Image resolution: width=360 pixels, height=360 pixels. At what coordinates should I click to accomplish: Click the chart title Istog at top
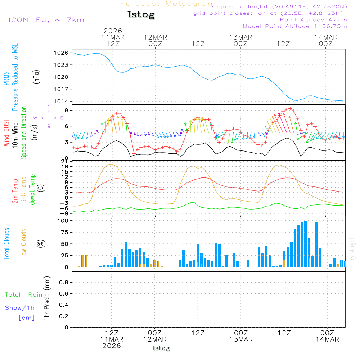[x=141, y=15]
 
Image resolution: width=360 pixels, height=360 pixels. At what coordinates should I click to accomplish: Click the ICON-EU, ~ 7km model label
[x=46, y=20]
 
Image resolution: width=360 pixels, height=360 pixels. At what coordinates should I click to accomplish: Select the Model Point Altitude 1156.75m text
[x=295, y=26]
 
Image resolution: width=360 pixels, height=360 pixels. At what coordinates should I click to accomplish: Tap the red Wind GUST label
[x=7, y=133]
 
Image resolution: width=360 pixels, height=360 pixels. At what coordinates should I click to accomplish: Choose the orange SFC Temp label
[x=24, y=190]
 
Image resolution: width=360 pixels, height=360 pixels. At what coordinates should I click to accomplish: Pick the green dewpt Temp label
[x=33, y=190]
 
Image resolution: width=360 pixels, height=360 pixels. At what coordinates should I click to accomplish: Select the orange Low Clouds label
[x=24, y=244]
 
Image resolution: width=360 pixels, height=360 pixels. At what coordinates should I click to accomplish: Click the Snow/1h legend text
[x=20, y=308]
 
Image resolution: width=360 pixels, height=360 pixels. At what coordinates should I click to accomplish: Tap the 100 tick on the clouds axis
[x=63, y=221]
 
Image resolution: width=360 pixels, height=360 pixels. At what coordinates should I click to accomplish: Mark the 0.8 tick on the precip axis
[x=63, y=283]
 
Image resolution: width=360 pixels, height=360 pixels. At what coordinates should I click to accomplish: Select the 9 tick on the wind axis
[x=66, y=110]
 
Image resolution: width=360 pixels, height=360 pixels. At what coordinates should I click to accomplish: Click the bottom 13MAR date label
[x=241, y=339]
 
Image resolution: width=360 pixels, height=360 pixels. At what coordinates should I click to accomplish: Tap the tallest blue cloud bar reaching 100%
[x=305, y=244]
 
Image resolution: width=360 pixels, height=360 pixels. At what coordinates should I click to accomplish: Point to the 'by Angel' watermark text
[x=352, y=249]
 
